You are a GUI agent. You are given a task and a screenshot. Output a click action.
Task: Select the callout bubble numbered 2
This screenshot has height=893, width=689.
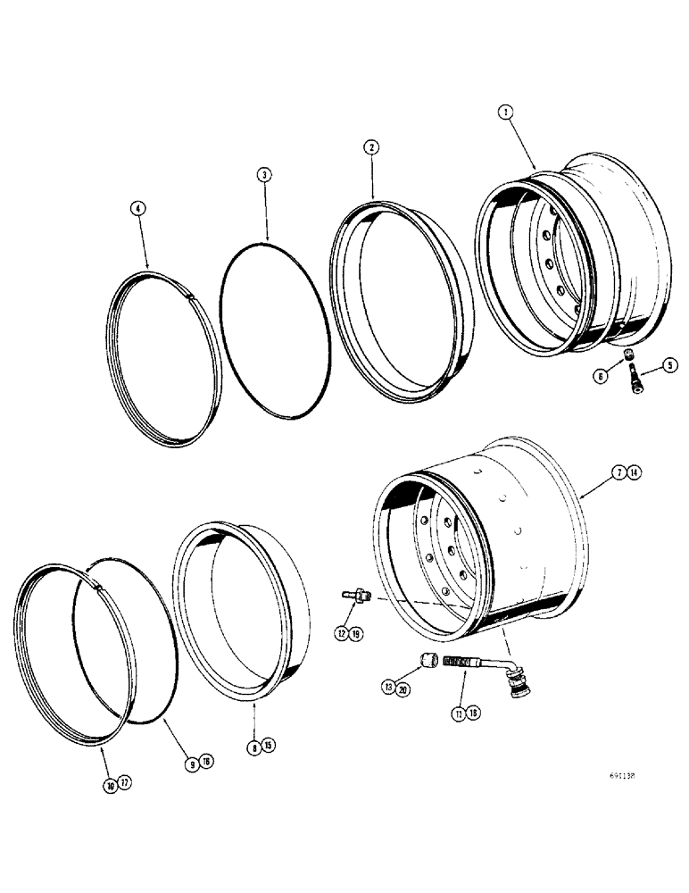(x=370, y=148)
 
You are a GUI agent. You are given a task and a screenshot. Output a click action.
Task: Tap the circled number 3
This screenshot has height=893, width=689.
(x=263, y=175)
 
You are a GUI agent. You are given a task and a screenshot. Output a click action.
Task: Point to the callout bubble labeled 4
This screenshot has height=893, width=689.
(x=137, y=208)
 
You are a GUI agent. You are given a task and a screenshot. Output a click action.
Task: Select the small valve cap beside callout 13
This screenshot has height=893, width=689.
(x=427, y=663)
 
